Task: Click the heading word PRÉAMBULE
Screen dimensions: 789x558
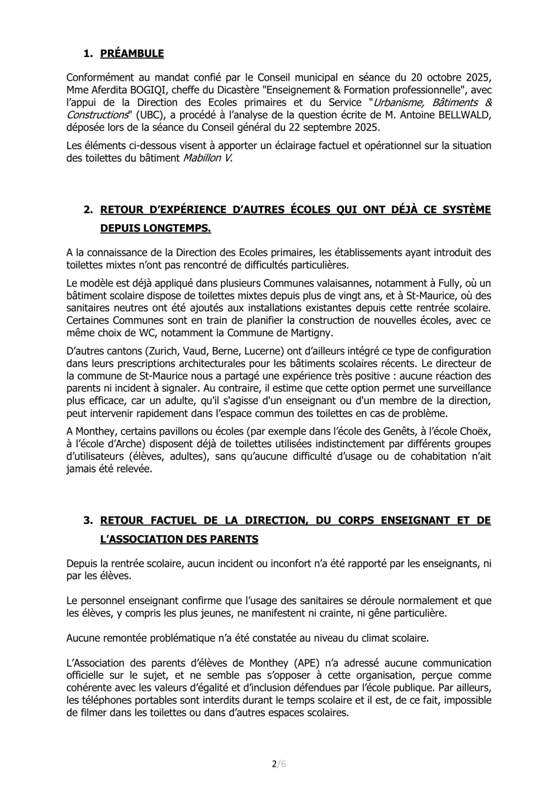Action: (132, 53)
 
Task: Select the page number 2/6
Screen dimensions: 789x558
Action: (278, 764)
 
